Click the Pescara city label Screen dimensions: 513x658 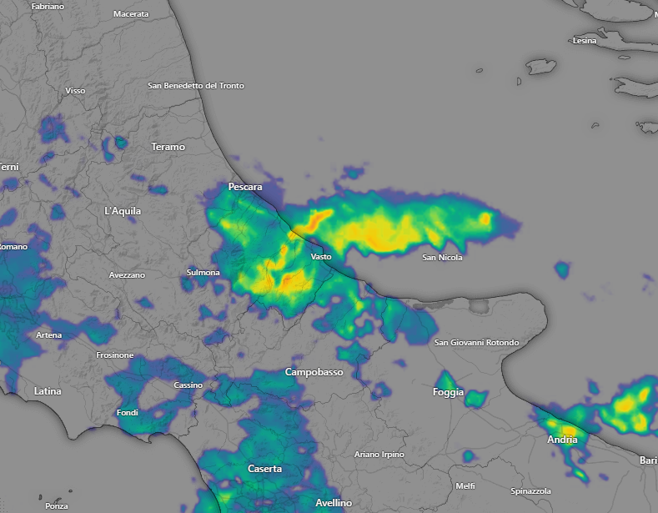tap(245, 187)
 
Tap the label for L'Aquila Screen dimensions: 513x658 tap(123, 211)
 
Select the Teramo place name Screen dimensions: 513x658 tap(168, 147)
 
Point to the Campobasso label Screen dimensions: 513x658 tap(314, 372)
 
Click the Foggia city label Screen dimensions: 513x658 tap(449, 392)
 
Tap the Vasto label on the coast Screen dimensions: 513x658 tap(321, 257)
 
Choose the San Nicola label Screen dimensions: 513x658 tap(442, 258)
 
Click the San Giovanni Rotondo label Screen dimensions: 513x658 tap(477, 343)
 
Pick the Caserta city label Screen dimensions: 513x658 tap(264, 469)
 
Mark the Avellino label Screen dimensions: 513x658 tap(334, 503)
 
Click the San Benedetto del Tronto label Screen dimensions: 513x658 tap(196, 86)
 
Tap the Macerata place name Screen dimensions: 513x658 tap(131, 14)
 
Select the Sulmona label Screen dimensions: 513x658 tap(203, 273)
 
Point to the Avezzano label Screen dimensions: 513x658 tap(127, 275)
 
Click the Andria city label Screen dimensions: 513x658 tap(562, 440)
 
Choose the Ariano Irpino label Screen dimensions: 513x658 tap(379, 455)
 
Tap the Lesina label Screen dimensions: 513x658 tap(585, 41)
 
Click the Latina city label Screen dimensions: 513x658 tap(48, 390)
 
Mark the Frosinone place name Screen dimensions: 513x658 tap(114, 355)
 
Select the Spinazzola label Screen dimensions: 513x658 tap(530, 491)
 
